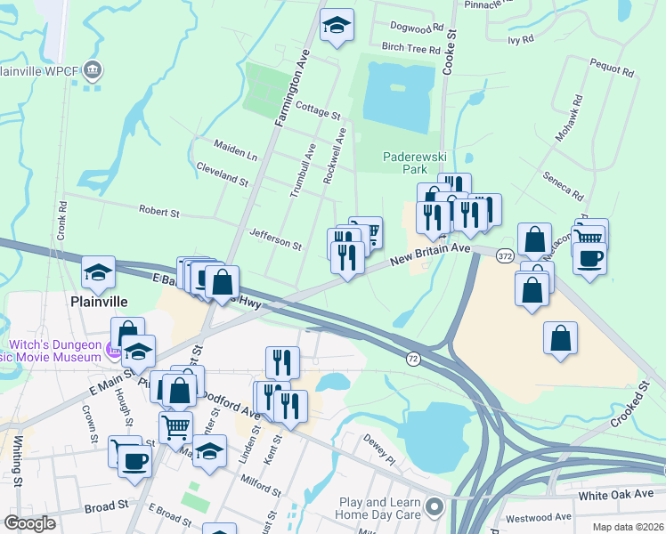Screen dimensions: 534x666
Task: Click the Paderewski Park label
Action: [413, 162]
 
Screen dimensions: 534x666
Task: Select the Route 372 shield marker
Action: [505, 255]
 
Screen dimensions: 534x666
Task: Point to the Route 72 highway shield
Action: [413, 358]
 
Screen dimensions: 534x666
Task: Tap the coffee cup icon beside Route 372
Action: [589, 258]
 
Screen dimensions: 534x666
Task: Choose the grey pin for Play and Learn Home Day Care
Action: [435, 508]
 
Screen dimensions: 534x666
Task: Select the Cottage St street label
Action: [318, 115]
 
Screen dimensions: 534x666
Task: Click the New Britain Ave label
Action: [430, 255]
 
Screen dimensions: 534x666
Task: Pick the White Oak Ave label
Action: [615, 494]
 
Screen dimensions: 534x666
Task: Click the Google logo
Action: [30, 523]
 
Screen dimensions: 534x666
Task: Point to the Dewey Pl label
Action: [378, 450]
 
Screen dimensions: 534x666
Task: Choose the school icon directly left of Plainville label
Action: [98, 272]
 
